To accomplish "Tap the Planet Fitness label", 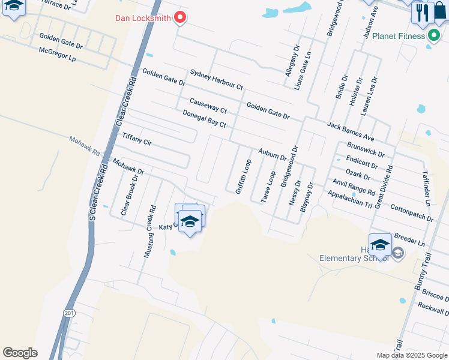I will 398,36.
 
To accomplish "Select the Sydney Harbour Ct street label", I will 216,79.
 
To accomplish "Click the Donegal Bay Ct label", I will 204,119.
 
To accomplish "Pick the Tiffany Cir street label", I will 137,139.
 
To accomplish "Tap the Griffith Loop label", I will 244,176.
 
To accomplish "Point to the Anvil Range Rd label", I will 354,188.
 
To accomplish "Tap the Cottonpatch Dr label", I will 411,213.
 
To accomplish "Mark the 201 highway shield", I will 69,313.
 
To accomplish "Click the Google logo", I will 20,353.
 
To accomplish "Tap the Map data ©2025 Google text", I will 411,355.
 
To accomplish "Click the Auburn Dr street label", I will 272,155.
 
